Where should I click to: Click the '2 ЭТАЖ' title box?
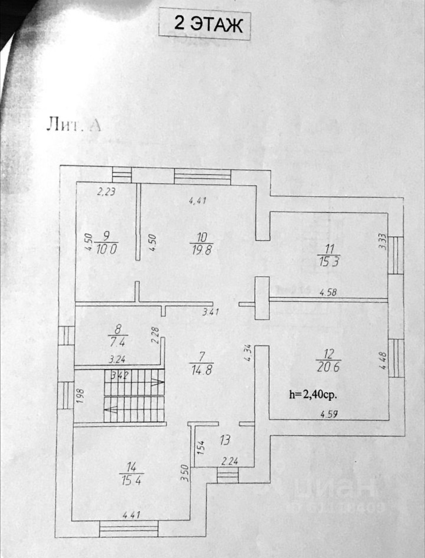[205, 25]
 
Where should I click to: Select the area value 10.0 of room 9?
[106, 249]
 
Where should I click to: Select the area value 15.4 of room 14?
[131, 481]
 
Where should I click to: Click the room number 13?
[225, 440]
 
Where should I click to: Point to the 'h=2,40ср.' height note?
[313, 395]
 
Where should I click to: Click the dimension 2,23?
[106, 191]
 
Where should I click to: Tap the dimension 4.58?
[328, 292]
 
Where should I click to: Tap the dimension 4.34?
[248, 353]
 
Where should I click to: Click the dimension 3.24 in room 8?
[117, 360]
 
